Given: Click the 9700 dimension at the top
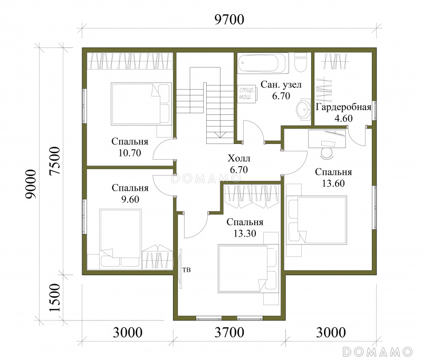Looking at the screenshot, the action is coord(229,20).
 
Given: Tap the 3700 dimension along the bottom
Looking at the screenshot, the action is coord(229,332).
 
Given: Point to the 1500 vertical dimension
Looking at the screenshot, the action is coord(55,298).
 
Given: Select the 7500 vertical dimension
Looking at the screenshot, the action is coord(55,161).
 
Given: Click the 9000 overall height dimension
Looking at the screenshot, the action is coord(31,184).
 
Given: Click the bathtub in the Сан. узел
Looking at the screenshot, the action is coord(263,63).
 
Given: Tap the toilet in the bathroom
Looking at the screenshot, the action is coord(301,63).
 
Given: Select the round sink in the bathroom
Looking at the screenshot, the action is coord(304,109).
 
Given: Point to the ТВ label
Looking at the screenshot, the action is coord(187,270).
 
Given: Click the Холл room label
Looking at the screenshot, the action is coord(239,158).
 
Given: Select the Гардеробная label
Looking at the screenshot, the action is coord(343,107).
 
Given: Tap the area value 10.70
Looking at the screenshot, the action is coord(130,153).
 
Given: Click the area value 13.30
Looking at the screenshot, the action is coord(245,233).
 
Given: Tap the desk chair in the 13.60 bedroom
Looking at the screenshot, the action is coord(327,152).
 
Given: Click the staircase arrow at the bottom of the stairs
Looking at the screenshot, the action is coord(220,135).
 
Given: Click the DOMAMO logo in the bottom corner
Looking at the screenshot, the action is coord(378,352).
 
